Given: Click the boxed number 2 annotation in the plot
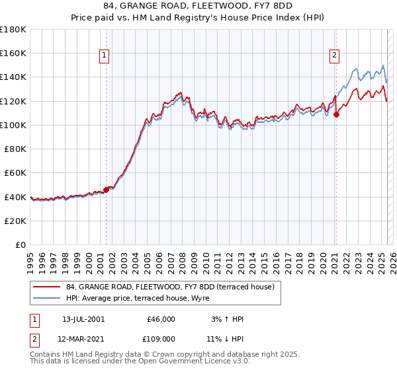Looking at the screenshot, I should (335, 55).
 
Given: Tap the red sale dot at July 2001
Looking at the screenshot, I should (106, 190).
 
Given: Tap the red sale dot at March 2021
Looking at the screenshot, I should (336, 114).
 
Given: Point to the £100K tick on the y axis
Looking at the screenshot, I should (13, 125).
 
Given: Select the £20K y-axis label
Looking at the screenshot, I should (16, 221).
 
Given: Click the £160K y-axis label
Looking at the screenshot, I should (13, 53).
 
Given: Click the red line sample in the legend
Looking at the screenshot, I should (47, 286).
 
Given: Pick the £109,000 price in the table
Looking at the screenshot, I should (161, 339).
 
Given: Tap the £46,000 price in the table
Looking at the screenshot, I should (161, 319).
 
